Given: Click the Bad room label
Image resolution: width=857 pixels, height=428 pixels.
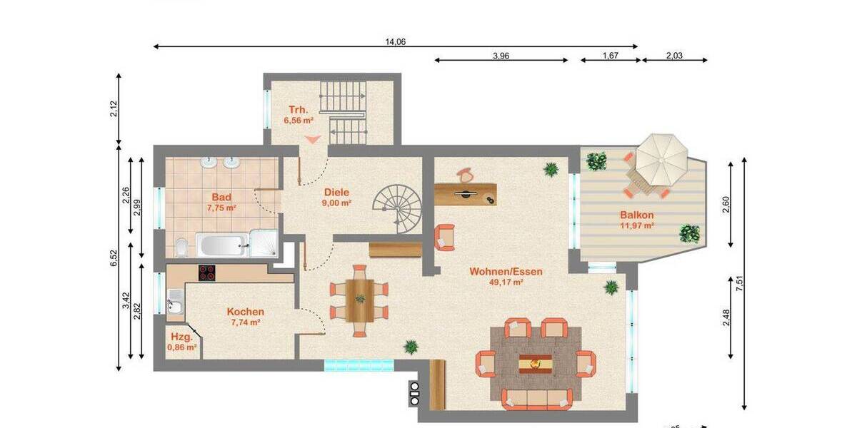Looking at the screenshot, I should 221,196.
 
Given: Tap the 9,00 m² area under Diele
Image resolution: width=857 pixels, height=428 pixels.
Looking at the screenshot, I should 336,203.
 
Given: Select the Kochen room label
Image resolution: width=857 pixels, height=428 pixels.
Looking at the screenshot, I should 245,312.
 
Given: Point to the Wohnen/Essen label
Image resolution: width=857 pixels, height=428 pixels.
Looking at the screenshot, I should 506,272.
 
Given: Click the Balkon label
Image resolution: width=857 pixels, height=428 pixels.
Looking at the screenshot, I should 637,215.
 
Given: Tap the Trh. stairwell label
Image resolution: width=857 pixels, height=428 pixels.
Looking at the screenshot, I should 298,110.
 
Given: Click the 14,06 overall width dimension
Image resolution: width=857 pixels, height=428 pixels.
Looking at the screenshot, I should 395,42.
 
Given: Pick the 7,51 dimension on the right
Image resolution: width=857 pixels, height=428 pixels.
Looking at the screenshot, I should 741,282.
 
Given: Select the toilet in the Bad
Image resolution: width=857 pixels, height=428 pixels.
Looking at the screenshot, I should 183,247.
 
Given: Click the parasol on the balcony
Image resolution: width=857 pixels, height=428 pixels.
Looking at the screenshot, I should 661,159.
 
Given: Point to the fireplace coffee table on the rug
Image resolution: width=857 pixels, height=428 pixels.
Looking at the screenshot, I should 536,362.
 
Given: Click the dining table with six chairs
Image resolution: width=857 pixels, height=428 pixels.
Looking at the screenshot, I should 359,300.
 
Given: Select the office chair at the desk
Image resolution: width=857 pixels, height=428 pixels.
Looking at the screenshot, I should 465,174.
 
